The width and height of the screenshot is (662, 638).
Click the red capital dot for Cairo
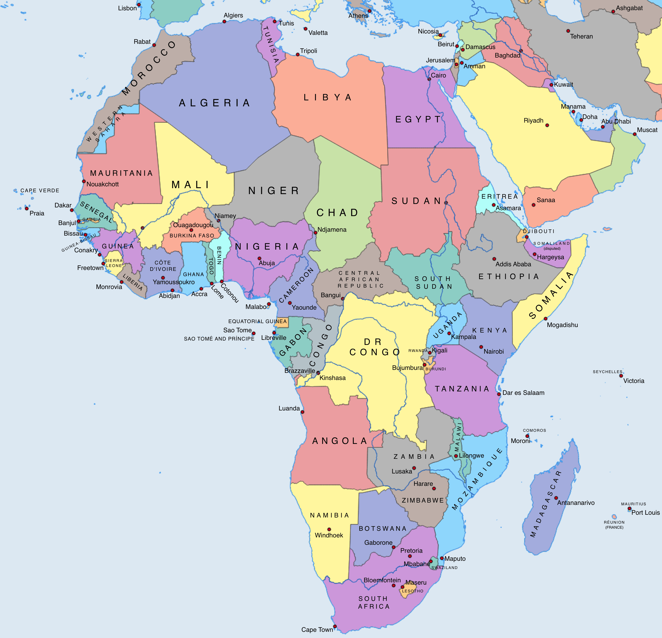click(x=429, y=79)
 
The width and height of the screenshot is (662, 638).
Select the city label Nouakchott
click(x=103, y=184)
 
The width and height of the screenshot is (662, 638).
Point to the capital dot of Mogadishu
click(x=545, y=319)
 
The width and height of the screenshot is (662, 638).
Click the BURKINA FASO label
click(x=192, y=235)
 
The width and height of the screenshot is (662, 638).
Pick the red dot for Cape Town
click(x=335, y=627)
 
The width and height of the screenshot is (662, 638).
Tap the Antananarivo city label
click(x=576, y=503)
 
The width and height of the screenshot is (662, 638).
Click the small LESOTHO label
click(x=412, y=591)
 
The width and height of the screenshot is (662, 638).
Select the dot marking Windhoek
click(x=329, y=529)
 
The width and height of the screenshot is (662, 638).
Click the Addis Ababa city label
click(x=513, y=264)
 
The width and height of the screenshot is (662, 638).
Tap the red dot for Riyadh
click(x=547, y=125)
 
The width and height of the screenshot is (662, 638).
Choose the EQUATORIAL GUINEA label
click(x=257, y=321)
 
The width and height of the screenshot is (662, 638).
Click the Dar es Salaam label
click(x=523, y=393)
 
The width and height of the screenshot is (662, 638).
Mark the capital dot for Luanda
click(x=302, y=412)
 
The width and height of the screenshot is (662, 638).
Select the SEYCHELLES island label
click(x=607, y=371)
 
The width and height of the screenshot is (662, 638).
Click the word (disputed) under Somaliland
click(x=552, y=249)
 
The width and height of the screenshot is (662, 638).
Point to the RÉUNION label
click(x=614, y=522)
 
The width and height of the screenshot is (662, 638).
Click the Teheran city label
click(x=581, y=36)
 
